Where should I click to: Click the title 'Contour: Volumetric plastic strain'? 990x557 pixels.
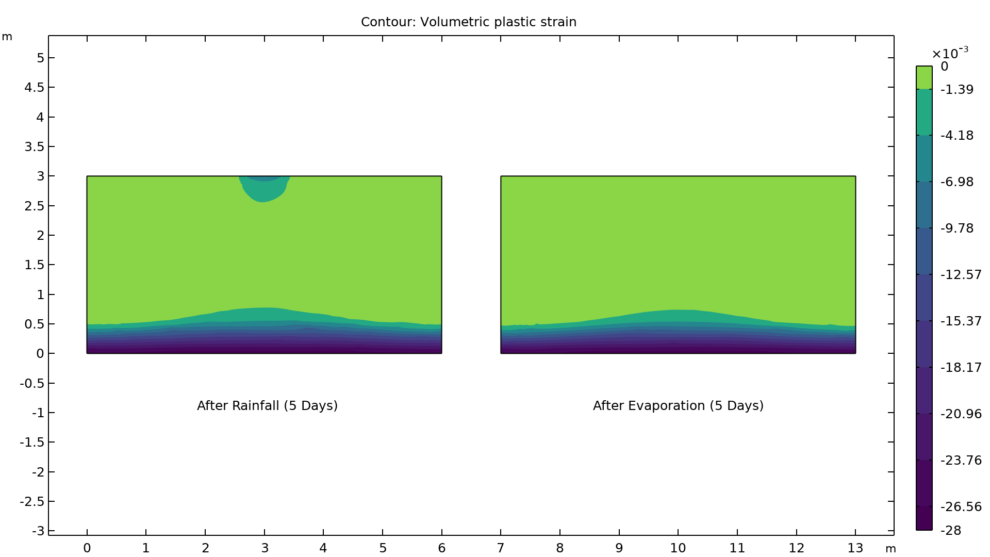(x=468, y=22)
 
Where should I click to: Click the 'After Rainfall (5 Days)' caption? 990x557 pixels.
(x=267, y=406)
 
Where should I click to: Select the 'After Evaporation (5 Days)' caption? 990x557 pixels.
(x=678, y=406)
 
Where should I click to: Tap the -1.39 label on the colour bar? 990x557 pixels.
(x=956, y=90)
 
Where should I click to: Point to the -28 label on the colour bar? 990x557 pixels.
(x=951, y=531)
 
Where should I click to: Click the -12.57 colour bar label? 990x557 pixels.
(x=961, y=275)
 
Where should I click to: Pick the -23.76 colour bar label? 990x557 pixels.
(x=961, y=461)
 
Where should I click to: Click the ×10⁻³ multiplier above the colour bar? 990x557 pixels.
(x=949, y=53)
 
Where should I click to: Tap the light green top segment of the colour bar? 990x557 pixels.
(x=924, y=77)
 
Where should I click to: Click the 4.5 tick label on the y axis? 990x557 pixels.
(x=35, y=88)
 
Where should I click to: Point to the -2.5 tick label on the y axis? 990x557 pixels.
(x=32, y=502)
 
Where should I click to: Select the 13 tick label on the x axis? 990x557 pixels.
(x=855, y=548)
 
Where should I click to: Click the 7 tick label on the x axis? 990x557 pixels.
(x=501, y=548)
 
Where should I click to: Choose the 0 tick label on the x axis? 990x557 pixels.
(x=87, y=548)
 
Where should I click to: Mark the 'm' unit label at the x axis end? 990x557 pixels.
(x=891, y=549)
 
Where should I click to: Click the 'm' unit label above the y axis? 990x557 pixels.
(x=7, y=37)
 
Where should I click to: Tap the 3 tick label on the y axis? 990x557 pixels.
(x=40, y=176)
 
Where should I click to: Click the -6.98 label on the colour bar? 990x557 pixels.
(x=956, y=182)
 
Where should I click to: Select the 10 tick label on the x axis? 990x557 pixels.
(x=678, y=548)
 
